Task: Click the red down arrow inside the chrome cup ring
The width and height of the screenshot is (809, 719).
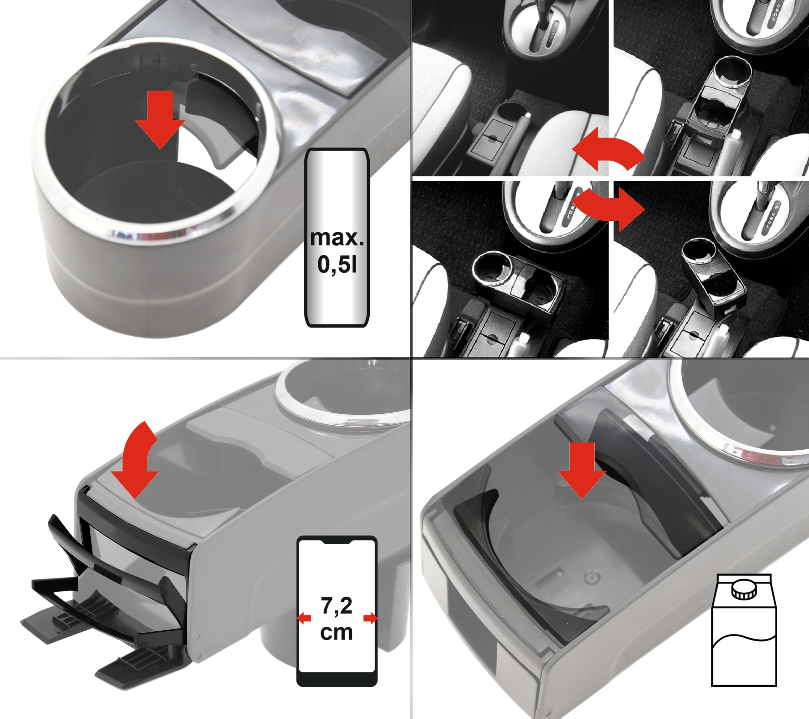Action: click(x=160, y=119)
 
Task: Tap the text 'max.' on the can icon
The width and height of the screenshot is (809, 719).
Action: click(x=337, y=238)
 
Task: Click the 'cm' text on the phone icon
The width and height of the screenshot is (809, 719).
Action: click(x=336, y=632)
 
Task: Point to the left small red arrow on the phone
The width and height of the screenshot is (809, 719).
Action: click(x=304, y=618)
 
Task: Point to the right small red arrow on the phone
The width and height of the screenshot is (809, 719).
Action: click(x=370, y=618)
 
